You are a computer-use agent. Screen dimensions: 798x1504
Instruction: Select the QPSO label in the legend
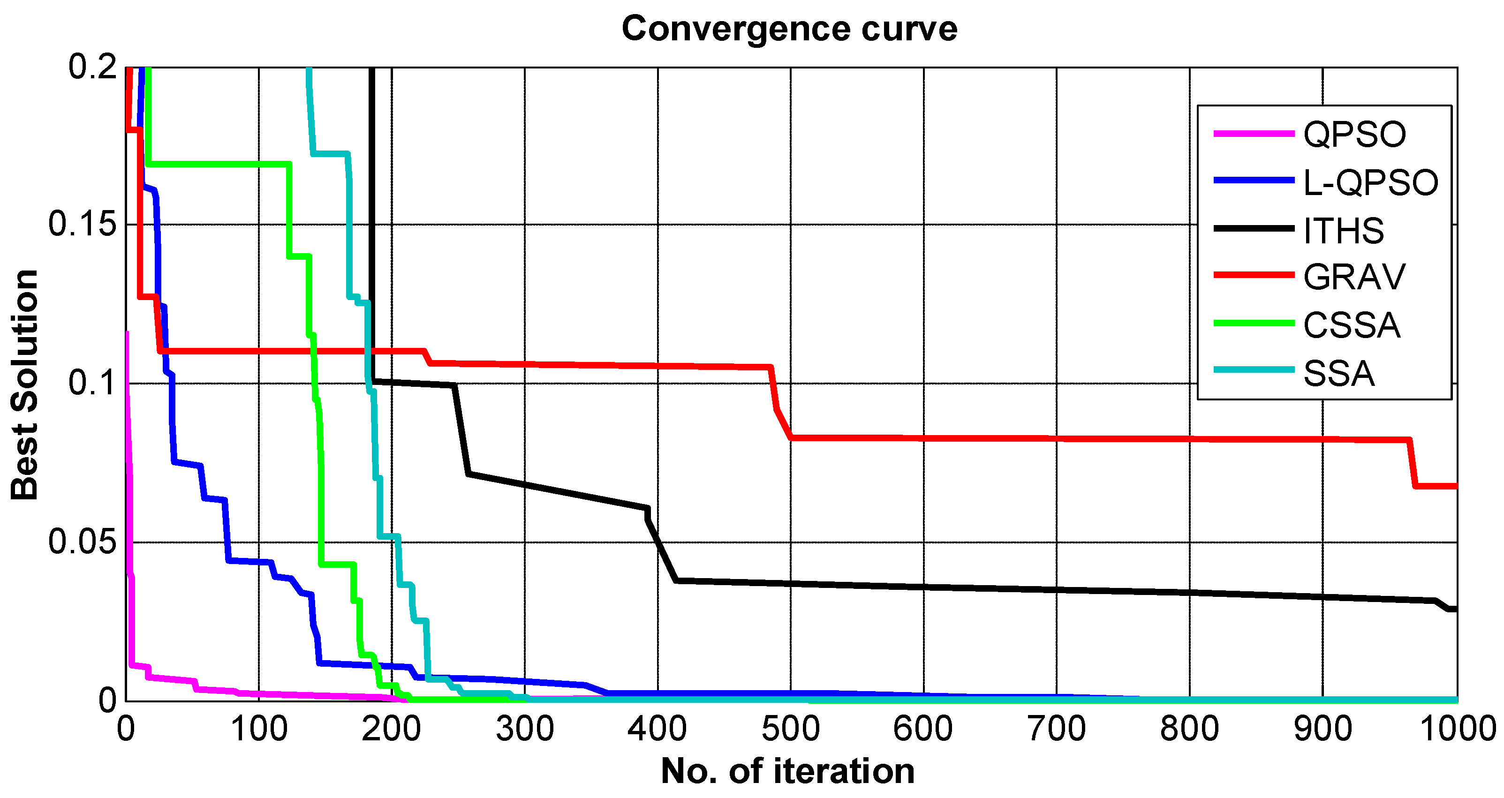pos(1354,134)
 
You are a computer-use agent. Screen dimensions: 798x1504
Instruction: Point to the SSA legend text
pos(1339,374)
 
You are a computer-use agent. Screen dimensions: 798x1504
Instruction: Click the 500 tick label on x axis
pos(791,729)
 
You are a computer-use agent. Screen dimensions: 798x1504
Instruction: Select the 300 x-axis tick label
pos(524,729)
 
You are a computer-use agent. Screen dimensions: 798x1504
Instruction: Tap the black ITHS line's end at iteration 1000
pos(1454,609)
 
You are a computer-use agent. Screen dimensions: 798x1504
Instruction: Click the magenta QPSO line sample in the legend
pos(1254,134)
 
